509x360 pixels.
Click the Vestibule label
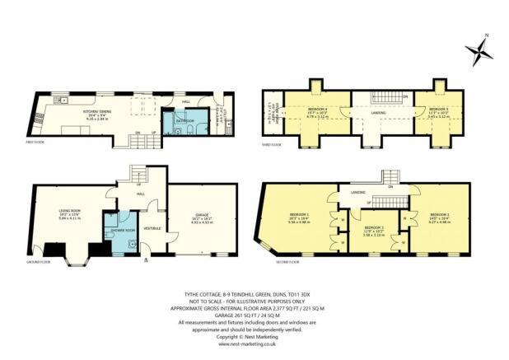coord(153,227)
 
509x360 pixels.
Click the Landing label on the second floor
coord(357,193)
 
